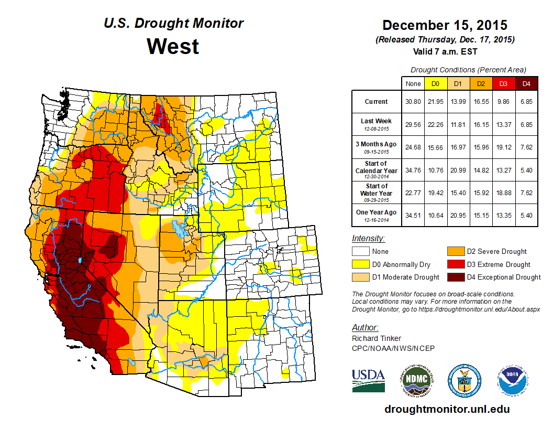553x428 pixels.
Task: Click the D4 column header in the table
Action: click(x=527, y=83)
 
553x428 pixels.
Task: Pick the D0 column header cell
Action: click(x=435, y=83)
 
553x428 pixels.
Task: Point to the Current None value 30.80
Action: click(x=413, y=102)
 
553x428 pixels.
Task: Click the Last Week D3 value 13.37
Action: click(x=504, y=125)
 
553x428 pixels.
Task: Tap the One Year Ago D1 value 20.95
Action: click(x=458, y=213)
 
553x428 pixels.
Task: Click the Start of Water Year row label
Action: click(x=377, y=190)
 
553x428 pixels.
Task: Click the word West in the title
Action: click(x=173, y=46)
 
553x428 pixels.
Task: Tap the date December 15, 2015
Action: click(x=445, y=25)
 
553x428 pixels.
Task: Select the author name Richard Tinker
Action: click(x=377, y=339)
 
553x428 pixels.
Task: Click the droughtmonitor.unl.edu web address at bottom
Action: click(x=447, y=409)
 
